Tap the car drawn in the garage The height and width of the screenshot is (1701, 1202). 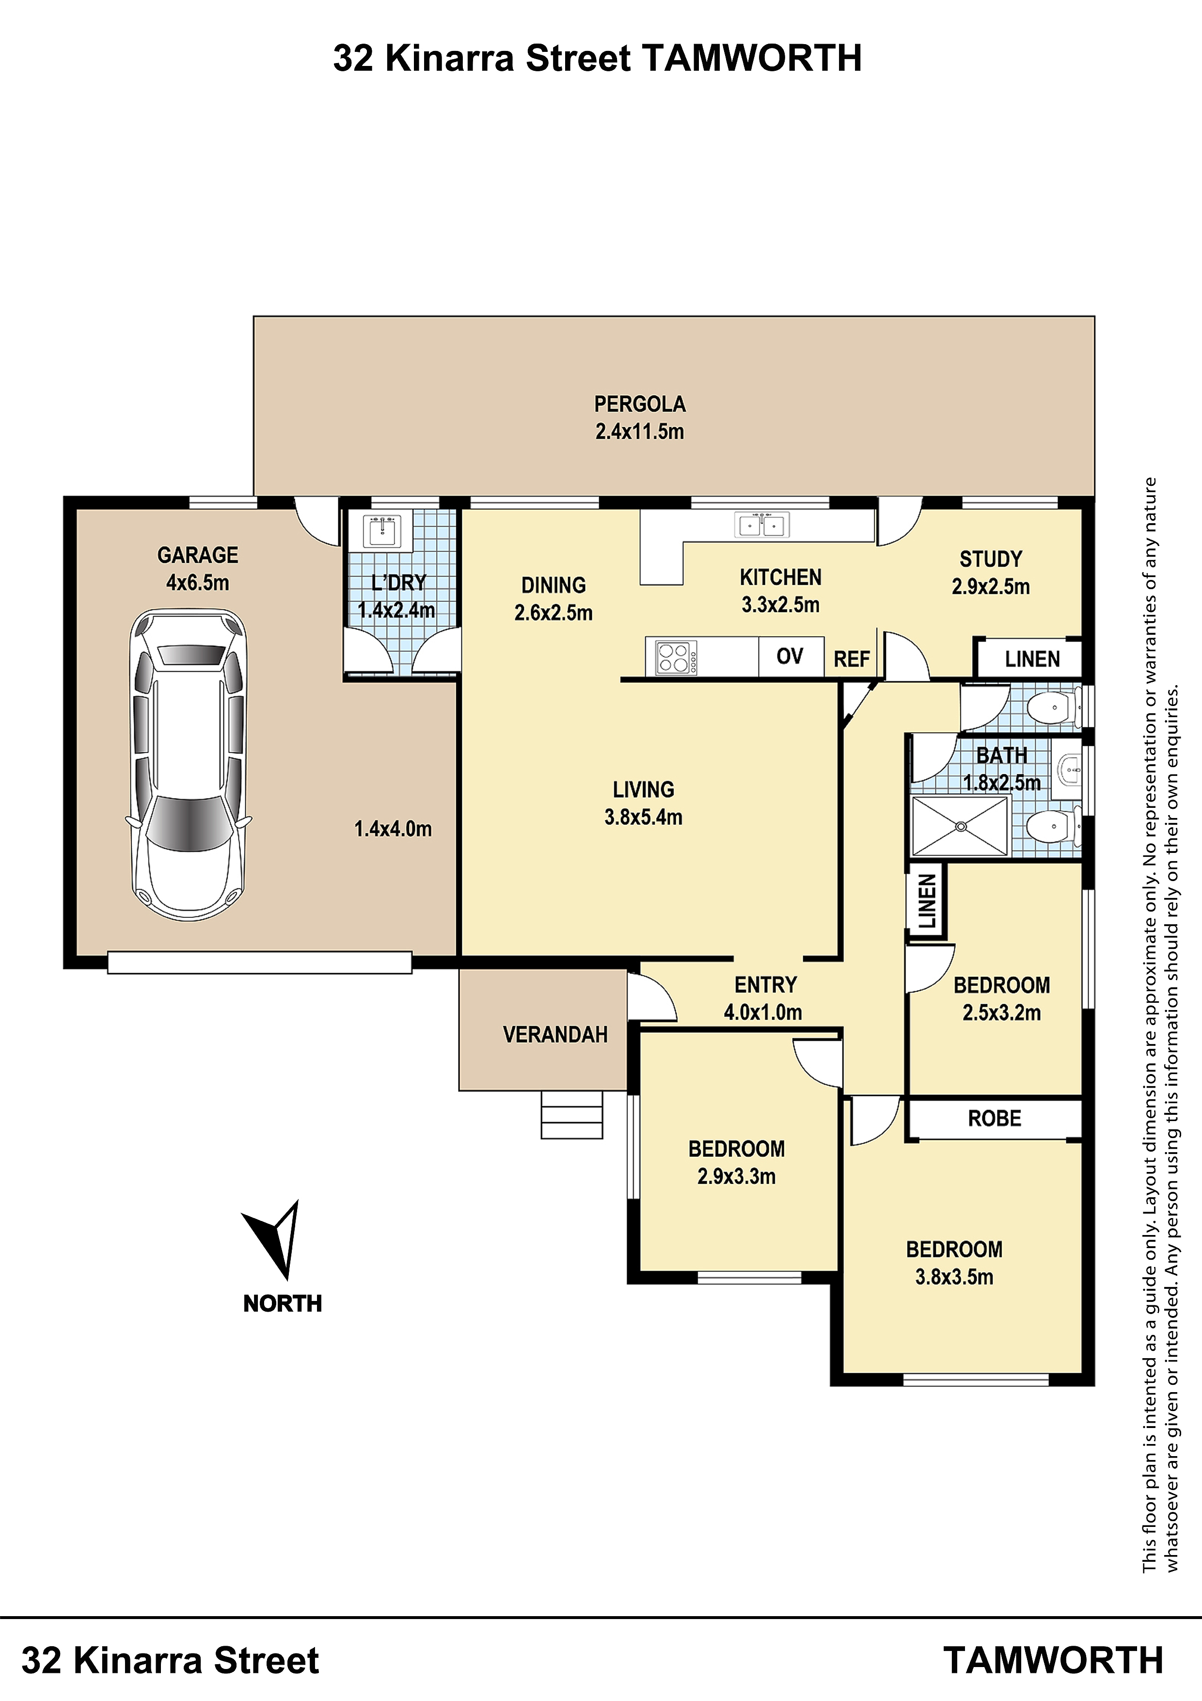189,765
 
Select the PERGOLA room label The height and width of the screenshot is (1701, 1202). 640,404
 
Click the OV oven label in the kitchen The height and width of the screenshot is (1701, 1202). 790,657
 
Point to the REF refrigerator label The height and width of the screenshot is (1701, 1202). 852,659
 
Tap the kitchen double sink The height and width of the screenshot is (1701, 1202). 761,525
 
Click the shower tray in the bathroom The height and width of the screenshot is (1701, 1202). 959,826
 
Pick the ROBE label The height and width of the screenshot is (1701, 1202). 995,1118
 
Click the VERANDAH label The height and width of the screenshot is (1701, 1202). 555,1034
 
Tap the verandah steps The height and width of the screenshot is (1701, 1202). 572,1114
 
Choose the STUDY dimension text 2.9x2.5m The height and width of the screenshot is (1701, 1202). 991,587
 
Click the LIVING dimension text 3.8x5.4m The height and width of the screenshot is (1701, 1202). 644,817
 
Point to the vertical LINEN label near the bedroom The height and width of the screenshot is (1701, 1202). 927,901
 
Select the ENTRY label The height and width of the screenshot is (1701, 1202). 766,985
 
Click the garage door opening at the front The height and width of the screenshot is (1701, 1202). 259,963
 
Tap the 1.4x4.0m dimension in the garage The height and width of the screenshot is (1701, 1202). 393,829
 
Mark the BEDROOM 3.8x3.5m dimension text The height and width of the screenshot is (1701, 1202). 955,1277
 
